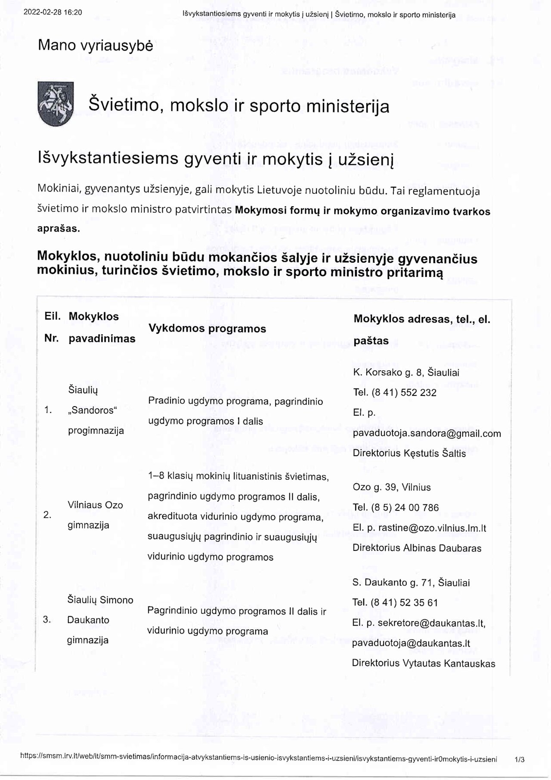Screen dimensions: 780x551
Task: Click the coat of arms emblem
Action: click(x=54, y=104)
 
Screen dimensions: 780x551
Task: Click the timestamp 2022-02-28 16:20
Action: click(x=53, y=12)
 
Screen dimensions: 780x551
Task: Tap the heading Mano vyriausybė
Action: click(x=95, y=45)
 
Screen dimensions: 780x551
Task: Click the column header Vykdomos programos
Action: click(x=207, y=329)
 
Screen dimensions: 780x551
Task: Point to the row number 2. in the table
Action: click(x=47, y=515)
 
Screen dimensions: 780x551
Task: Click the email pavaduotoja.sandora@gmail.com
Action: click(x=427, y=433)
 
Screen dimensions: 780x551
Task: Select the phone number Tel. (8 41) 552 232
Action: click(x=395, y=392)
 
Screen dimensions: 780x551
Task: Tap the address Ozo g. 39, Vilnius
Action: click(x=391, y=487)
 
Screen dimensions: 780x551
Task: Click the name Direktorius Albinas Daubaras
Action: click(x=417, y=548)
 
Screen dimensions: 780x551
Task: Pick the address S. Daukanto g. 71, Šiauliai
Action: click(x=411, y=582)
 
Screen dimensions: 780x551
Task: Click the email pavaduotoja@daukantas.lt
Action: click(x=411, y=643)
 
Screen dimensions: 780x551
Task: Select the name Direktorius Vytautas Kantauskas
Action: click(x=423, y=663)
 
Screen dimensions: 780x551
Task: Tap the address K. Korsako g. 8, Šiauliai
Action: click(x=406, y=373)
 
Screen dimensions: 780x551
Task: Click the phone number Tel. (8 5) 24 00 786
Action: click(x=396, y=507)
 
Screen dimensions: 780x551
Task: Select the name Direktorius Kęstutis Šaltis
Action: click(x=409, y=453)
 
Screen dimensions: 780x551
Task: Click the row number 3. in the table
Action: click(x=47, y=620)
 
